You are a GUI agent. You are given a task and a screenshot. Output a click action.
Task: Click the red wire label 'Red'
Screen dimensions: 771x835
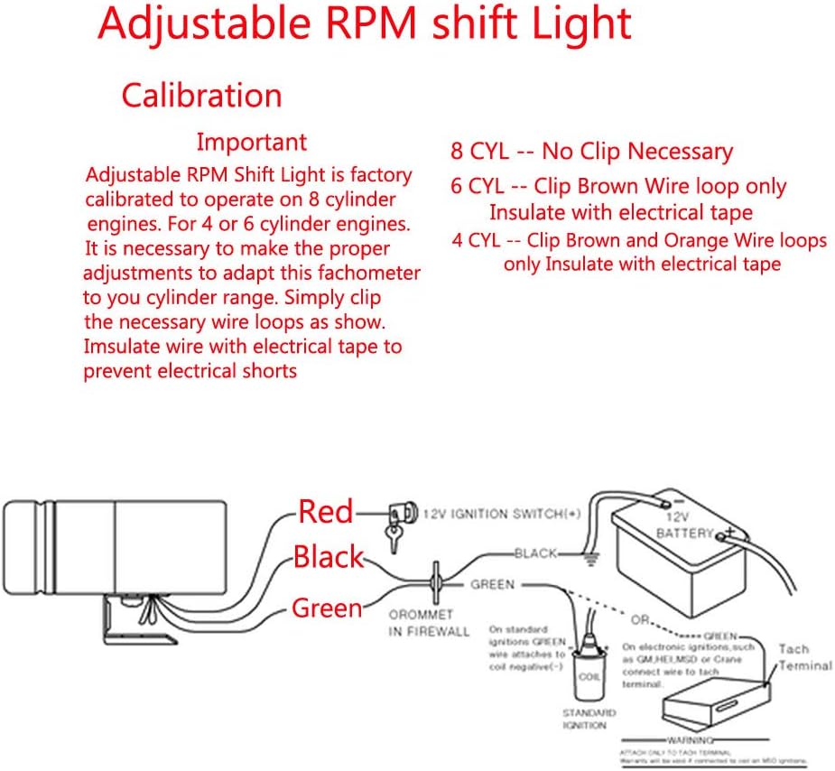pos(326,512)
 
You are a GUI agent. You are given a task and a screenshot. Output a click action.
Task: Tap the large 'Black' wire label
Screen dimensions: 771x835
pos(329,556)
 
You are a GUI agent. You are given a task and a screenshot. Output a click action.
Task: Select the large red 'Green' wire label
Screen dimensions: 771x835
pos(327,608)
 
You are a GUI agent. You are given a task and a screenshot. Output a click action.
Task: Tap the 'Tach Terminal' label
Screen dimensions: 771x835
pos(803,657)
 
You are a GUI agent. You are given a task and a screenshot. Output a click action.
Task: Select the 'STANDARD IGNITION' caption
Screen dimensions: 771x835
pos(589,718)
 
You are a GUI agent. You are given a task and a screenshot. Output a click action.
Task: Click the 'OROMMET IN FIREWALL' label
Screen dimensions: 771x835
pos(429,623)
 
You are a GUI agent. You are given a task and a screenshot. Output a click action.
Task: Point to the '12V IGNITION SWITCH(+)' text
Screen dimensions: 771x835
pos(503,514)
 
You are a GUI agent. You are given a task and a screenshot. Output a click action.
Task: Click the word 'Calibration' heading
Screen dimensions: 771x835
pos(201,96)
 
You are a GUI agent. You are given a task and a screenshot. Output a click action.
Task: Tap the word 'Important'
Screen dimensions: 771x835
pos(252,142)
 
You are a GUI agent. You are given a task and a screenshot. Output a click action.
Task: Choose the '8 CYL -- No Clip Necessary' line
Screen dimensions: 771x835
pos(591,152)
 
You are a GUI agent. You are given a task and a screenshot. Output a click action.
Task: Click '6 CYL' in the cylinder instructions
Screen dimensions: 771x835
pos(479,187)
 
